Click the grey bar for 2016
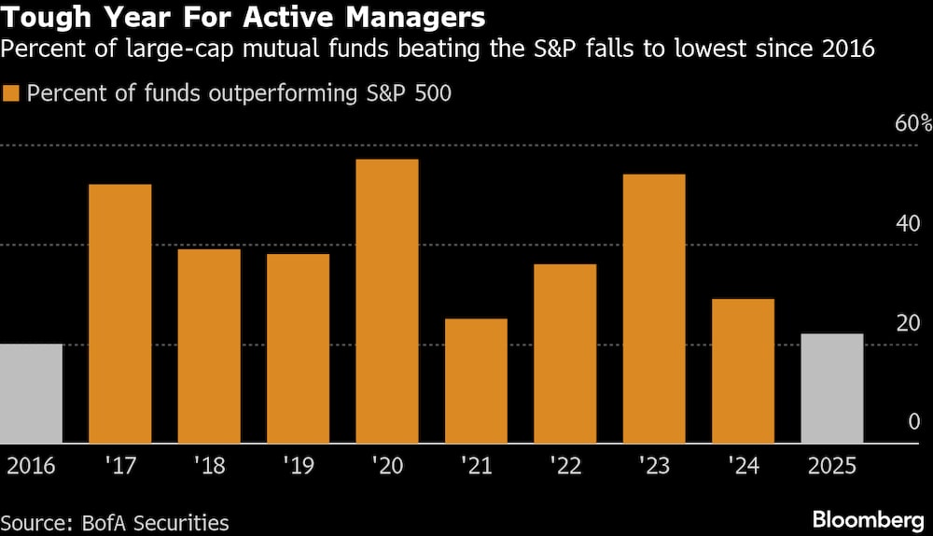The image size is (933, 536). [x=31, y=393]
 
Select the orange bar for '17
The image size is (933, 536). [x=119, y=314]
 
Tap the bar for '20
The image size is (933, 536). [x=387, y=301]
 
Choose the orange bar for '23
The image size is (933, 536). [x=654, y=308]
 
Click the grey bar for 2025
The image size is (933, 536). [x=832, y=388]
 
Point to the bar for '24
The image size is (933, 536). [x=743, y=371]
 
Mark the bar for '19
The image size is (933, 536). [x=298, y=348]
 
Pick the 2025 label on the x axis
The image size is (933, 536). [x=832, y=465]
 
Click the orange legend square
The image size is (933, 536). [x=12, y=93]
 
